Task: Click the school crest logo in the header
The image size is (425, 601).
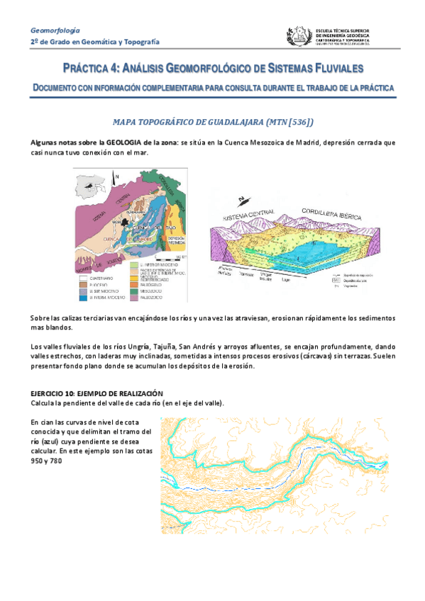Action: (x=297, y=36)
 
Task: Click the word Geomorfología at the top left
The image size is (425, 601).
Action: (x=55, y=30)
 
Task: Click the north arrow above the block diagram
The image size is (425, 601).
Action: (x=245, y=199)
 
